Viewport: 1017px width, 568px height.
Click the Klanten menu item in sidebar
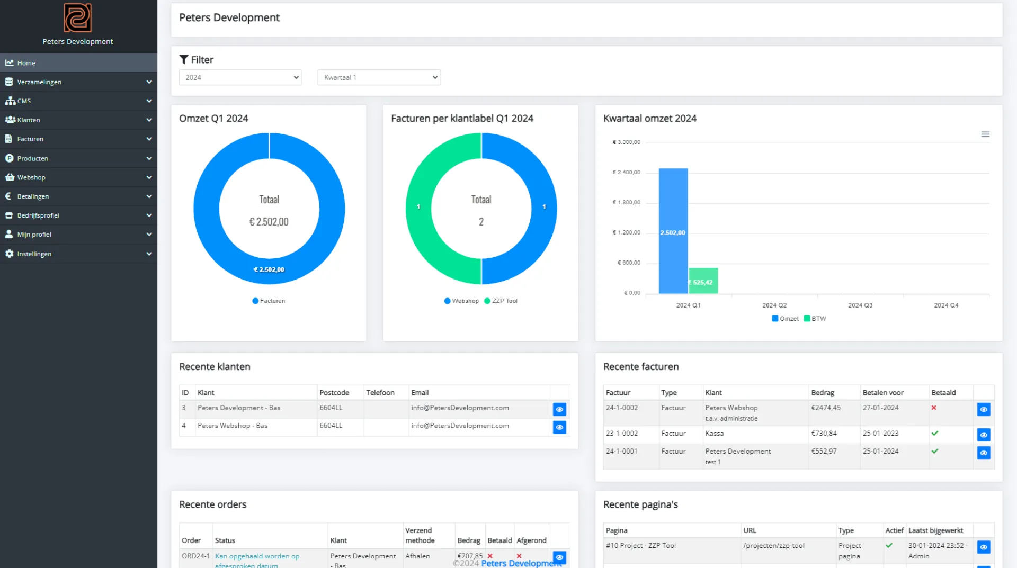click(29, 120)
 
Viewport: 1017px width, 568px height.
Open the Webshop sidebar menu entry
click(31, 177)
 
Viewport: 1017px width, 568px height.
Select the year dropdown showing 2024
click(240, 77)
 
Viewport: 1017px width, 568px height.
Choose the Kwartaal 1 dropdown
click(378, 77)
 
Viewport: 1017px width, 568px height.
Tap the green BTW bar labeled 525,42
click(703, 281)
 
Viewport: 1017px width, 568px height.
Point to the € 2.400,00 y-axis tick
click(627, 173)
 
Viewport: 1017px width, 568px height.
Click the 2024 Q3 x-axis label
click(860, 305)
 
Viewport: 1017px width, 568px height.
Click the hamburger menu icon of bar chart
click(985, 134)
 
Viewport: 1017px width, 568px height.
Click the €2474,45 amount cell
click(825, 408)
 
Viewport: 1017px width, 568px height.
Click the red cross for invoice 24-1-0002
click(934, 408)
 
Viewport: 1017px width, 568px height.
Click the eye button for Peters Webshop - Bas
click(559, 427)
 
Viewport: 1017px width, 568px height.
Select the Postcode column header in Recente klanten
click(334, 393)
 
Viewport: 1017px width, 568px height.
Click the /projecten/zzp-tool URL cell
click(773, 546)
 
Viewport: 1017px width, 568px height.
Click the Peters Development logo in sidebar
click(78, 18)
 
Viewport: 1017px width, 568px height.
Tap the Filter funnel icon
click(184, 59)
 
